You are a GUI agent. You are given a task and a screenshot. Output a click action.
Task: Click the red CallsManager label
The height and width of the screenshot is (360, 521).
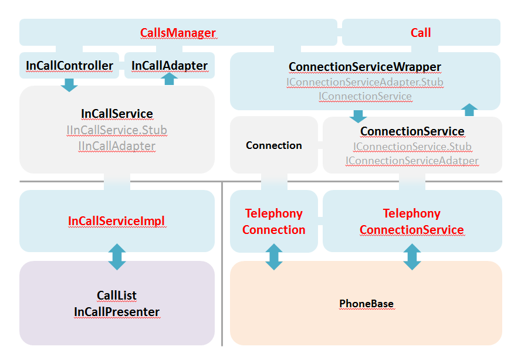tap(178, 33)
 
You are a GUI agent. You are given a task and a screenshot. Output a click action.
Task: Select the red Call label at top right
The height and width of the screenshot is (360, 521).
tap(421, 33)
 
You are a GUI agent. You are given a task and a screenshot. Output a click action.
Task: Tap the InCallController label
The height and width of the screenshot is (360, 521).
tap(69, 66)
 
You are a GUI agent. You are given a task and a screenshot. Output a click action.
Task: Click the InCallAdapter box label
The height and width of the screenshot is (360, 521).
tap(169, 66)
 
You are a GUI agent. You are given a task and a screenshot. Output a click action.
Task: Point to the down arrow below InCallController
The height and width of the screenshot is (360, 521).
tap(69, 85)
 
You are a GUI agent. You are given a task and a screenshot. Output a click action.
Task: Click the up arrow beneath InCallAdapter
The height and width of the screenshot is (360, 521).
tap(170, 79)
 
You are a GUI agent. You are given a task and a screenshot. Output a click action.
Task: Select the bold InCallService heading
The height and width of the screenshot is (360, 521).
tap(117, 114)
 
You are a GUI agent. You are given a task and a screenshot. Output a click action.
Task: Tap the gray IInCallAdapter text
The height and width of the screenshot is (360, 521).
tap(117, 146)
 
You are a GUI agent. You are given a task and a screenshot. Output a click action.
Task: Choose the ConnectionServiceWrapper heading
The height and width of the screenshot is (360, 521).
tap(364, 67)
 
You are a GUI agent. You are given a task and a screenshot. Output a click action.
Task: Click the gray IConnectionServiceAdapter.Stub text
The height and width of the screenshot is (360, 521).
tap(364, 82)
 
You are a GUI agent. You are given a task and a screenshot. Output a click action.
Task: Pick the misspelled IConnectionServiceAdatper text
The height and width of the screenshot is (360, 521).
tap(412, 161)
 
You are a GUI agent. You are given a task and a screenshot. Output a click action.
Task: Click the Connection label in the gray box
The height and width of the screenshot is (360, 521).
tap(273, 145)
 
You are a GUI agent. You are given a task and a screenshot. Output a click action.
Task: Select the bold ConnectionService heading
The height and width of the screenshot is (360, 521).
tap(412, 131)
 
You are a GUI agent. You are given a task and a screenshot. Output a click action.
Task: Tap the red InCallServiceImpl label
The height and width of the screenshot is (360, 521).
tap(117, 221)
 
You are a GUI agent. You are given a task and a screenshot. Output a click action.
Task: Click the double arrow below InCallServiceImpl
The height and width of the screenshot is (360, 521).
tap(117, 257)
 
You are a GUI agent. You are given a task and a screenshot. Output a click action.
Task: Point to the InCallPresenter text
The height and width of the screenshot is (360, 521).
tap(117, 312)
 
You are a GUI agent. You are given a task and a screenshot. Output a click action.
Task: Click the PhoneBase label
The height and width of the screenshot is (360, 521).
tap(366, 304)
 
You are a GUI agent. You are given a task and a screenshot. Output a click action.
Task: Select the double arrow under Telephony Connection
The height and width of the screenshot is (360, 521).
tap(274, 257)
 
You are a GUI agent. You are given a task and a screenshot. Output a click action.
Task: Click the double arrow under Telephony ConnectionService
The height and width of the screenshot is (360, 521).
tap(412, 257)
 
